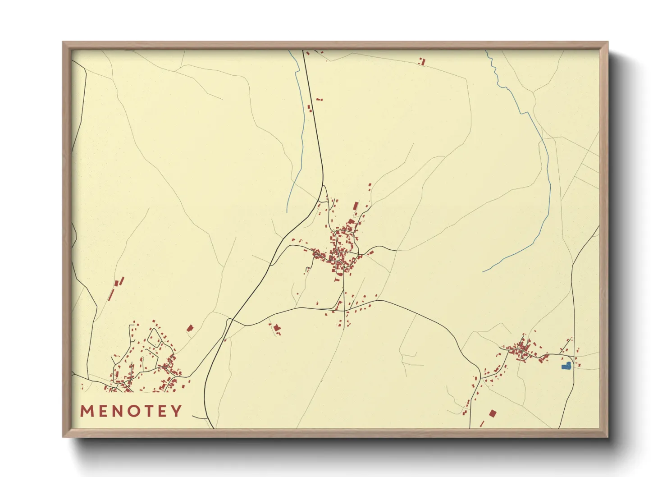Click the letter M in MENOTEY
tap(87, 411)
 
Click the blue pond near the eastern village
tap(566, 366)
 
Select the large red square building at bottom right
tap(493, 413)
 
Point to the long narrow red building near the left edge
tap(111, 294)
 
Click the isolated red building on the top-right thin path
tap(422, 61)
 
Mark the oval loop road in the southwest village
tap(155, 337)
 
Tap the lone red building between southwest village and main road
tap(190, 328)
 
